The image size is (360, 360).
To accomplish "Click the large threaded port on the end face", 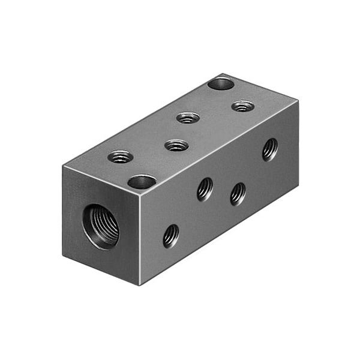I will click(101, 226).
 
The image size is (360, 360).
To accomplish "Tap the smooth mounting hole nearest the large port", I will click(142, 181).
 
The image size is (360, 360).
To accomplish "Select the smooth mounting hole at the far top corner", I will click(221, 83).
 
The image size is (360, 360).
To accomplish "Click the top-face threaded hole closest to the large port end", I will click(121, 157).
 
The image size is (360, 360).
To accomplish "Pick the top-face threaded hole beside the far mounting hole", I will click(242, 106).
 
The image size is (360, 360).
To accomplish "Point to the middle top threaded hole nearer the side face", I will click(176, 145).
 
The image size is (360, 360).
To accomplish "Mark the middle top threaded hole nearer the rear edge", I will click(188, 118).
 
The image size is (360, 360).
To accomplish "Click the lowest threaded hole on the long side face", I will click(170, 235).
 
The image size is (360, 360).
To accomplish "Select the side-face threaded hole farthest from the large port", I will click(270, 149).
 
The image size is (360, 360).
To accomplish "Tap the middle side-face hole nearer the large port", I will click(205, 189).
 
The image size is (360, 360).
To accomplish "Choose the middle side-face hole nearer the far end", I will click(238, 193).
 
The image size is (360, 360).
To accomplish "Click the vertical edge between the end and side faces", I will click(139, 240).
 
